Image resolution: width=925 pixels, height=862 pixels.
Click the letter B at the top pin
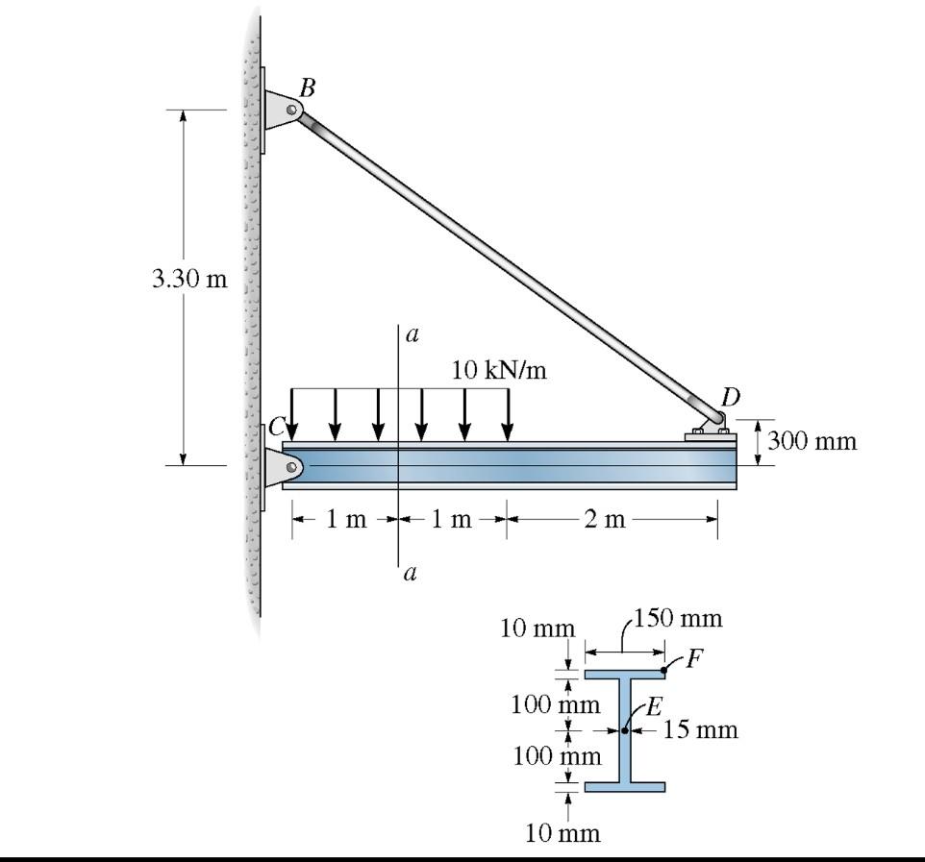pyautogui.click(x=307, y=87)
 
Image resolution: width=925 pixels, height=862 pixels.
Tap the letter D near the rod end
pyautogui.click(x=731, y=397)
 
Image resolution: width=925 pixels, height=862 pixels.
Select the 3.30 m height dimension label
pyautogui.click(x=189, y=280)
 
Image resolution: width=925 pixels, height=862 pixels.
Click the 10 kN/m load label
pyautogui.click(x=499, y=370)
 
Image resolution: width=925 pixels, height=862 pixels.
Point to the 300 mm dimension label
pyautogui.click(x=812, y=441)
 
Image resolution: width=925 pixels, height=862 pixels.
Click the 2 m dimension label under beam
pyautogui.click(x=604, y=520)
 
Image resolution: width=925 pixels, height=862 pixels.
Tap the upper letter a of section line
pyautogui.click(x=412, y=334)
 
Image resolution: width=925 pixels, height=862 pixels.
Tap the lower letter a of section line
pyautogui.click(x=411, y=574)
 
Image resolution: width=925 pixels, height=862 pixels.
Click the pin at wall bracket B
pyautogui.click(x=290, y=111)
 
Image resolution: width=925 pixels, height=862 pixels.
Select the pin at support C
pyautogui.click(x=290, y=466)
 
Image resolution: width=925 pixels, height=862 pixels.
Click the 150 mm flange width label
pyautogui.click(x=679, y=618)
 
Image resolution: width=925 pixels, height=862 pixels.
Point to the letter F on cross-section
pyautogui.click(x=694, y=658)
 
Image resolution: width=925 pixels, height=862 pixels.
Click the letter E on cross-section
pyautogui.click(x=653, y=706)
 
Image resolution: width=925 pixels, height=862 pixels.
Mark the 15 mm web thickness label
pyautogui.click(x=701, y=729)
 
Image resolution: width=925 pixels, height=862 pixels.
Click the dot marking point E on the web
pyautogui.click(x=625, y=730)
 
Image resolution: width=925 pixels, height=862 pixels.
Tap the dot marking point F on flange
pyautogui.click(x=664, y=669)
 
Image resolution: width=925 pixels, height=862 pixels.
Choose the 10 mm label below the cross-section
pyautogui.click(x=562, y=832)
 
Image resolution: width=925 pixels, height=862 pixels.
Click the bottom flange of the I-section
pyautogui.click(x=624, y=786)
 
